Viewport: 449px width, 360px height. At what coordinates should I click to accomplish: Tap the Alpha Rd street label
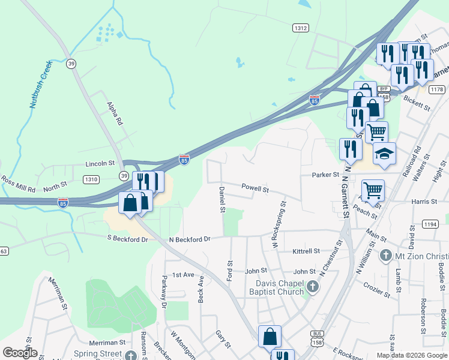115,112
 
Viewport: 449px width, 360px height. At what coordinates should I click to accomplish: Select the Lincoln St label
100,163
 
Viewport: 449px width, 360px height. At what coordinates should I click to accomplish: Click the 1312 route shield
301,28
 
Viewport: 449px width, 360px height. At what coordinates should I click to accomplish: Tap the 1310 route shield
91,179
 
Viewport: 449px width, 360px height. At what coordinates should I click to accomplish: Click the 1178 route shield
437,89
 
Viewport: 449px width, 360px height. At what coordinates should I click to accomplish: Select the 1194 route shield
430,224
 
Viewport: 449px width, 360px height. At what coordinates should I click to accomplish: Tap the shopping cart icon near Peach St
373,191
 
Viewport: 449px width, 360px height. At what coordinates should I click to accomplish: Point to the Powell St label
255,188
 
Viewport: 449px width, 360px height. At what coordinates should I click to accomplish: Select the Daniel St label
221,199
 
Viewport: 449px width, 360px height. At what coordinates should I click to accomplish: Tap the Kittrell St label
306,251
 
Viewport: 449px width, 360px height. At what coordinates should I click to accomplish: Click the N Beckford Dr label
190,239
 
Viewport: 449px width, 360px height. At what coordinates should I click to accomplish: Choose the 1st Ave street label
184,274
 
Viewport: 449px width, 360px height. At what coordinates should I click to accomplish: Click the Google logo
20,353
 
